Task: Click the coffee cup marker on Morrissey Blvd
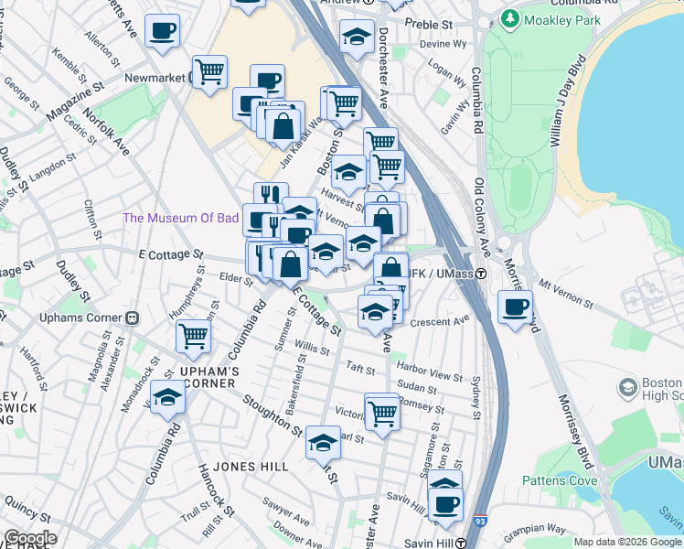516,307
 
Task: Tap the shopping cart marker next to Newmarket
210,71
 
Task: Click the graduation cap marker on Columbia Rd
167,398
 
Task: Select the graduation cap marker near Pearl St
323,444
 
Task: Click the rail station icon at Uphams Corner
132,318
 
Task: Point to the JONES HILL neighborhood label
251,467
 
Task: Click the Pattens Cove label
559,480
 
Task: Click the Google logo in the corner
30,538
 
